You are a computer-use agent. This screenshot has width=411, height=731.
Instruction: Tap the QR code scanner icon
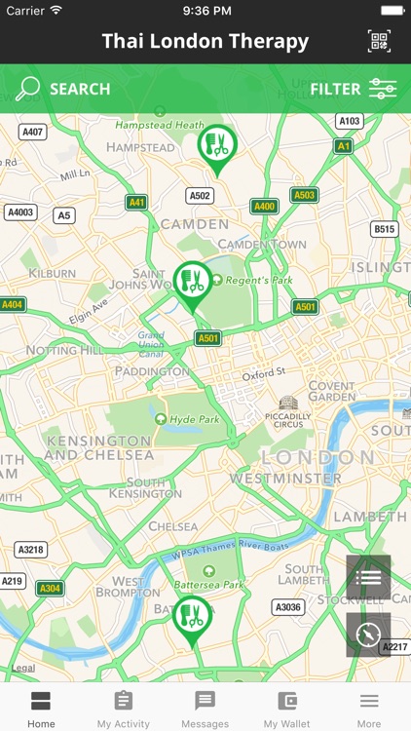click(380, 41)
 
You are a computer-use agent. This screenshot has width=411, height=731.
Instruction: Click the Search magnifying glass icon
click(28, 89)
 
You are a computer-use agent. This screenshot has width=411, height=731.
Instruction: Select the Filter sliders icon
click(382, 89)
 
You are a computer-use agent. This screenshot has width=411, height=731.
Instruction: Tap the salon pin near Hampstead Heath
click(216, 147)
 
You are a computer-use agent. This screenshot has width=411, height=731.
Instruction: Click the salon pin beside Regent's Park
click(193, 283)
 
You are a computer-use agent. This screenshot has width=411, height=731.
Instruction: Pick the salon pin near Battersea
click(192, 618)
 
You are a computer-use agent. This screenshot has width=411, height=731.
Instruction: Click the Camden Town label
click(262, 244)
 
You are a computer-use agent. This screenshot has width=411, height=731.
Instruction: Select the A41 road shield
click(136, 203)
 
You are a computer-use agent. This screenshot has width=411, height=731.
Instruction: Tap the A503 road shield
click(305, 195)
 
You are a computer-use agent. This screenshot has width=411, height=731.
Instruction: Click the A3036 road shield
click(287, 607)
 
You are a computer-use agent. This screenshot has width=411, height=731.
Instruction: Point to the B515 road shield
click(385, 229)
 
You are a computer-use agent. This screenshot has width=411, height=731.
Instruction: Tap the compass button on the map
click(368, 635)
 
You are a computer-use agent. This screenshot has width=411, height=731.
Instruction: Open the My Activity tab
click(124, 709)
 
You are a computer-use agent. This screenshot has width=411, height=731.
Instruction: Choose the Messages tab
click(205, 709)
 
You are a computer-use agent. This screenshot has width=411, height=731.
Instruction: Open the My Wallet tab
click(287, 709)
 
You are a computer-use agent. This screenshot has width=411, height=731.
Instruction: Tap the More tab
click(369, 709)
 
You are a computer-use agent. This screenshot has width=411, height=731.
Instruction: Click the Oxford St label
click(264, 373)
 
